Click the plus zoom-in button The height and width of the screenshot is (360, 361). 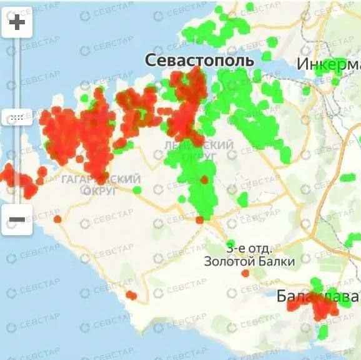coord(17,24)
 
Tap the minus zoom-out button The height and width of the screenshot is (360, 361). coord(17,220)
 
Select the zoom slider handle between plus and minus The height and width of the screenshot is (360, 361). coord(17,117)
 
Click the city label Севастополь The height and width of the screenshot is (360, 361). coord(199,61)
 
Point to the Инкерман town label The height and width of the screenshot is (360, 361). coord(328,65)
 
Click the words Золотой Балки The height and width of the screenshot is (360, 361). coord(249,261)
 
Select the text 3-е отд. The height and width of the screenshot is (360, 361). coord(248,248)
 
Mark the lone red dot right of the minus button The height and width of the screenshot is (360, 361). coord(57,219)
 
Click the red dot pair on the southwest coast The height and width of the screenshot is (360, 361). coord(131,295)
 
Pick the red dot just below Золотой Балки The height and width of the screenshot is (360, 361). coord(245,273)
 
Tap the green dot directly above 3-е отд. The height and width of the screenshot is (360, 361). coord(231,243)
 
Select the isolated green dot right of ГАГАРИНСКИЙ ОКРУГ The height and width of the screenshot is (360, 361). coord(137,190)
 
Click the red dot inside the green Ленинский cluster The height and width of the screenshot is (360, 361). coord(204,180)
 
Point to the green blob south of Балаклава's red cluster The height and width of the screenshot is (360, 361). coord(322,331)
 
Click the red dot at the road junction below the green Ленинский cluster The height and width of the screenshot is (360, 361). coord(199,220)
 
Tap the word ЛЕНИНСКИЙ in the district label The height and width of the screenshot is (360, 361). coord(190,145)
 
